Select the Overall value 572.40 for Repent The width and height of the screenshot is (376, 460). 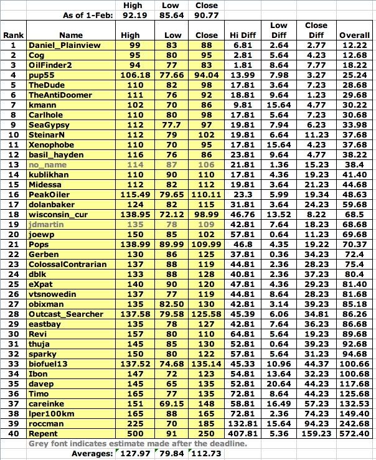pos(354,433)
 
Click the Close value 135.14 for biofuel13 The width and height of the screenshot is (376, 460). pos(208,362)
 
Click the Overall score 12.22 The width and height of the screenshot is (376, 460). pos(354,46)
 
